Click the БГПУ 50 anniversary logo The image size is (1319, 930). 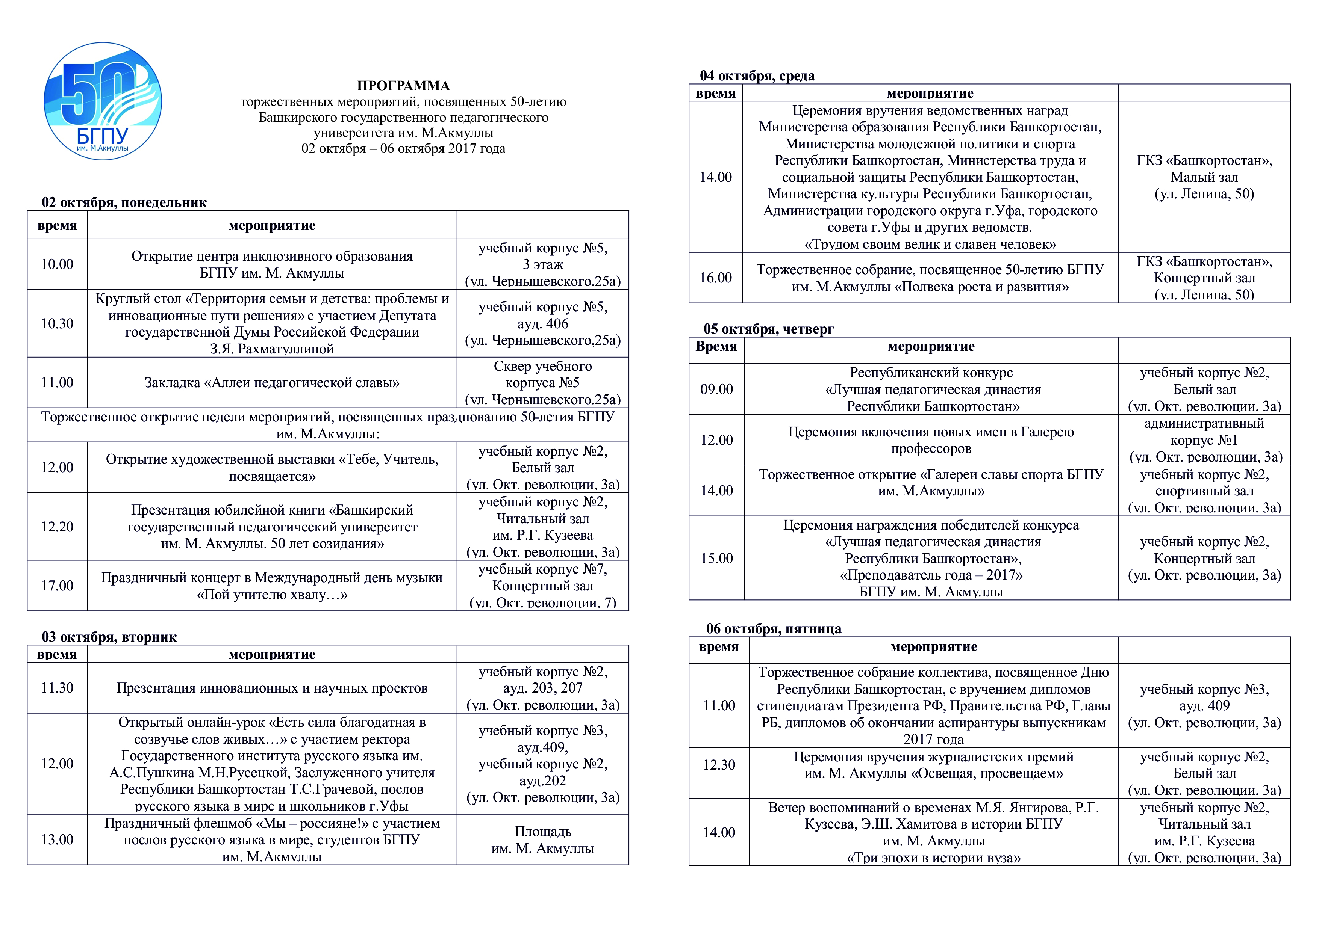click(103, 101)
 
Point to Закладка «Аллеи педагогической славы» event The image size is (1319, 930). click(272, 383)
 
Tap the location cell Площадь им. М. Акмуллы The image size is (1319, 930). click(542, 840)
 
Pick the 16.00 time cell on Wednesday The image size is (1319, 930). click(715, 278)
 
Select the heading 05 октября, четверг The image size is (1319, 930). click(769, 329)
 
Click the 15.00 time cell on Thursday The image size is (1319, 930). click(716, 559)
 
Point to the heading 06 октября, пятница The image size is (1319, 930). click(774, 629)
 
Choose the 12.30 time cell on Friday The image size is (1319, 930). click(719, 765)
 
